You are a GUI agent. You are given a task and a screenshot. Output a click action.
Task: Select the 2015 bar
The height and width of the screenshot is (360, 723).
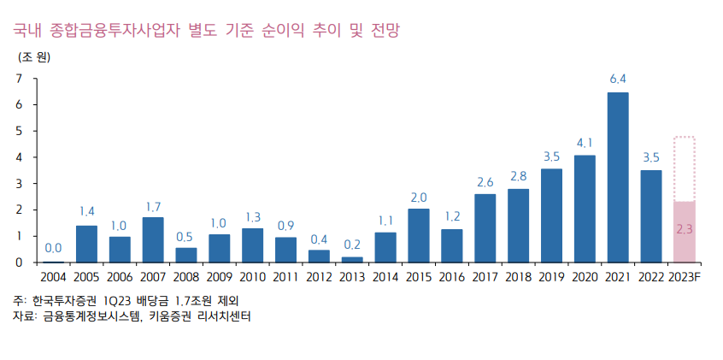[x=419, y=235]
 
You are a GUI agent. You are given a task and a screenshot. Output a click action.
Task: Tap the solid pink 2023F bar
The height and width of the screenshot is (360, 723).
[x=685, y=232]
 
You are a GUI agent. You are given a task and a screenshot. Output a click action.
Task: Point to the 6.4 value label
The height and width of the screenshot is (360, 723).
[x=618, y=79]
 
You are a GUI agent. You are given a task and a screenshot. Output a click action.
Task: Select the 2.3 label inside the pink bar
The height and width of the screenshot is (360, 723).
[x=685, y=229]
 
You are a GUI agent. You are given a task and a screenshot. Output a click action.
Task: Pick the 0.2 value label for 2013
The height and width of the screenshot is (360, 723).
[x=352, y=244]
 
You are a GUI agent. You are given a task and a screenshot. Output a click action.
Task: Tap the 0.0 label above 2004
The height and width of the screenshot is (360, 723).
[x=53, y=249]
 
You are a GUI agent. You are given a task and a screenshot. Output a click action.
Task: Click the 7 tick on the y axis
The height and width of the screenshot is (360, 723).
[x=19, y=79]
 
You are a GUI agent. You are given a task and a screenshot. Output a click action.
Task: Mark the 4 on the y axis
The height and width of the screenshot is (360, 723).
[x=19, y=157]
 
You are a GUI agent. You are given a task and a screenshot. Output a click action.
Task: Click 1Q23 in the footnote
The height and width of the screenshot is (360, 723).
[x=118, y=301]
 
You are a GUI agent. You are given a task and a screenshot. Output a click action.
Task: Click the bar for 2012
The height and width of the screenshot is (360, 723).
[x=319, y=256]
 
